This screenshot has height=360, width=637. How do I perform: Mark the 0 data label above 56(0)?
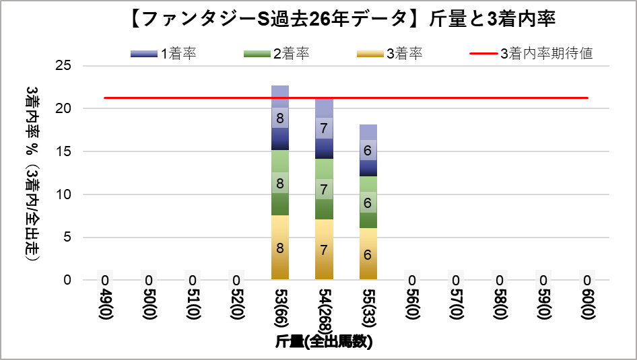coord(411,280)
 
